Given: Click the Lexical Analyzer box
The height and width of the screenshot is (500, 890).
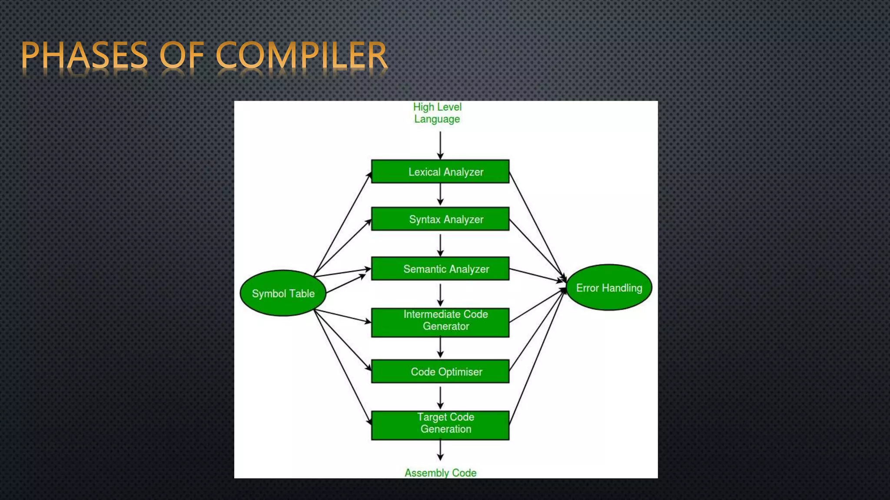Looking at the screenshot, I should pyautogui.click(x=440, y=171).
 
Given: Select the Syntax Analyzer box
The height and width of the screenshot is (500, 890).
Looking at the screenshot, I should pyautogui.click(x=440, y=219).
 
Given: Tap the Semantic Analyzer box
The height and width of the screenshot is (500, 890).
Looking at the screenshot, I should pyautogui.click(x=440, y=269).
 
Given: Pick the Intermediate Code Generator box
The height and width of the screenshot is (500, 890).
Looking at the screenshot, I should pyautogui.click(x=440, y=322).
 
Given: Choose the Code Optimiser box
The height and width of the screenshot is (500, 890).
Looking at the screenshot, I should pyautogui.click(x=440, y=372).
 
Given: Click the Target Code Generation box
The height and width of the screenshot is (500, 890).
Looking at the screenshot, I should pyautogui.click(x=440, y=425).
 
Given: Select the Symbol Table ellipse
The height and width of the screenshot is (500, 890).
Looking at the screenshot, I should pyautogui.click(x=283, y=293).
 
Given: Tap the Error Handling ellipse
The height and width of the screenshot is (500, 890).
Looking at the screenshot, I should pyautogui.click(x=609, y=287).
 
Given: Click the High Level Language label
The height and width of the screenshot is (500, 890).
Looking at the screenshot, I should pyautogui.click(x=437, y=113).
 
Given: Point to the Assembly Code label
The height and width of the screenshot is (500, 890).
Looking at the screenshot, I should pyautogui.click(x=440, y=472).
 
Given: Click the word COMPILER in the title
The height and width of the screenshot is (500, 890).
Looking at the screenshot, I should pyautogui.click(x=301, y=56).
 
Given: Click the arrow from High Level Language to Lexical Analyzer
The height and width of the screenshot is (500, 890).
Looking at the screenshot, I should pyautogui.click(x=440, y=145).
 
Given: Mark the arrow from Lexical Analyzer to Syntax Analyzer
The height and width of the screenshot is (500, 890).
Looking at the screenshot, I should pyautogui.click(x=440, y=194).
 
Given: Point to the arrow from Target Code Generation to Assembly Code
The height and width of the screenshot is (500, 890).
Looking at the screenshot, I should pyautogui.click(x=440, y=450).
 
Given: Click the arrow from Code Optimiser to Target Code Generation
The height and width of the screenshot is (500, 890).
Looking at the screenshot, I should pyautogui.click(x=440, y=397).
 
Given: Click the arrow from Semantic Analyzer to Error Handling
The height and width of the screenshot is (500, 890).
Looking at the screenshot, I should pyautogui.click(x=537, y=276).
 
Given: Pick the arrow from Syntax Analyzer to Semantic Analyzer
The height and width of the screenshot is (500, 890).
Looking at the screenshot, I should pyautogui.click(x=440, y=245).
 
